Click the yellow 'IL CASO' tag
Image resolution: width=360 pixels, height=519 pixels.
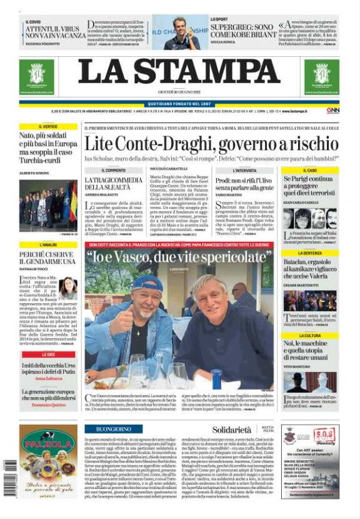[x=310, y=170]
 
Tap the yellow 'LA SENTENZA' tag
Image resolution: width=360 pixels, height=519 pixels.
[x=310, y=253]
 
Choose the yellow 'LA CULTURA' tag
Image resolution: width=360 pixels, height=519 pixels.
[x=310, y=336]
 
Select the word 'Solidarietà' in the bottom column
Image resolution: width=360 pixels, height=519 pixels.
[x=231, y=430]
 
